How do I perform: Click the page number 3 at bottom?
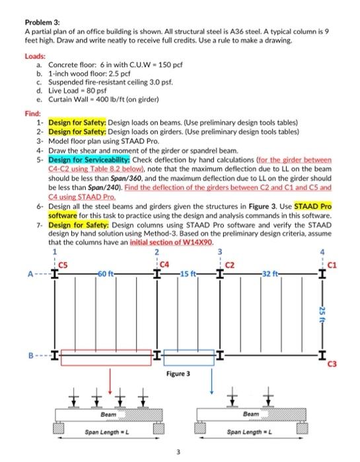click(x=178, y=452)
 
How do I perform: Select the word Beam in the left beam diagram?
click(x=108, y=414)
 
